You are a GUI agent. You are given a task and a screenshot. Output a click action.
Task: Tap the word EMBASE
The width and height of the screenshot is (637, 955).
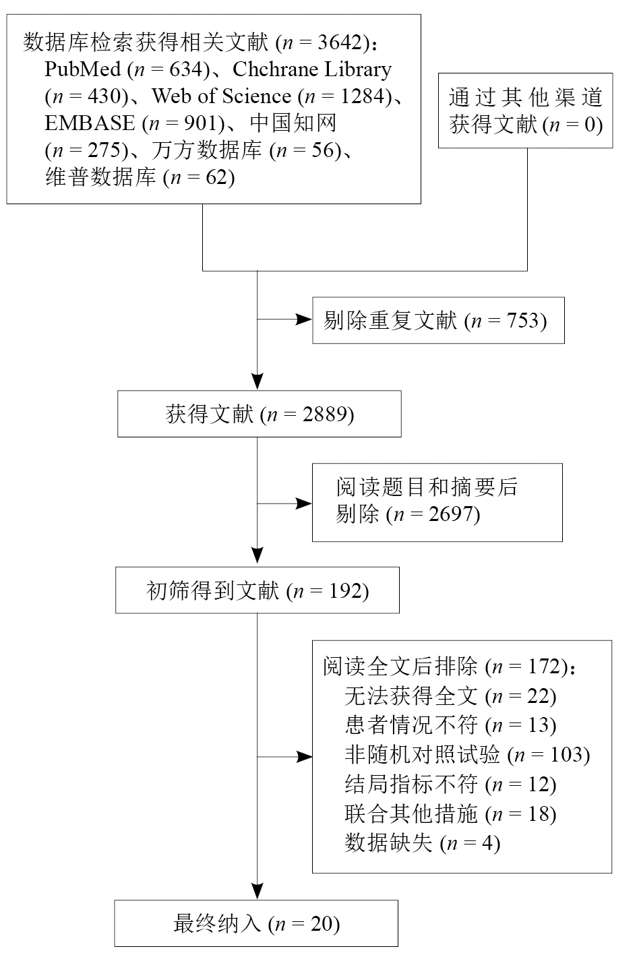90,123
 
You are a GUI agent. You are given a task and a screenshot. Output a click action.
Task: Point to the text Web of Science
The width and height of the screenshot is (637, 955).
221,96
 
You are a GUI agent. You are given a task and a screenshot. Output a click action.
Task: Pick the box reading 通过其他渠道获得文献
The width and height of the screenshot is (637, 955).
525,111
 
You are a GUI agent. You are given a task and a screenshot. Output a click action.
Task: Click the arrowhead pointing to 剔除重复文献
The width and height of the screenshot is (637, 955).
305,319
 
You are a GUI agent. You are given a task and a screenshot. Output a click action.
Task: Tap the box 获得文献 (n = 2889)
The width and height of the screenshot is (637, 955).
259,414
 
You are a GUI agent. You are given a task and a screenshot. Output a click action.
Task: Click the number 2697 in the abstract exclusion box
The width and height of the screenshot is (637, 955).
452,515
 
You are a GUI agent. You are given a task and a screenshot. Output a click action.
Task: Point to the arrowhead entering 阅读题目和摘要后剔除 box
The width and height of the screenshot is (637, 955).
305,503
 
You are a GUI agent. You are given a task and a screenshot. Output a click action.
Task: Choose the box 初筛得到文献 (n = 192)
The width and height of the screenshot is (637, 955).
257,591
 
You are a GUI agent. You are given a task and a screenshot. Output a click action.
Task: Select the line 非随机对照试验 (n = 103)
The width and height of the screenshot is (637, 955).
466,755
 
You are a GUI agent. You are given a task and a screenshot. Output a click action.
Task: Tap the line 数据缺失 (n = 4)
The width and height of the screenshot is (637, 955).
422,843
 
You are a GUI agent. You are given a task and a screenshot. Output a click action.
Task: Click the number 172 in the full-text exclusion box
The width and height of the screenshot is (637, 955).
544,667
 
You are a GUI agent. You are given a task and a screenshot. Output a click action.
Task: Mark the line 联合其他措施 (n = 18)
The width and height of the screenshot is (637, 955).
450,814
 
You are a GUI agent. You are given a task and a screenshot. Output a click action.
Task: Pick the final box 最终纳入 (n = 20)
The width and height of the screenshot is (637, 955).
255,923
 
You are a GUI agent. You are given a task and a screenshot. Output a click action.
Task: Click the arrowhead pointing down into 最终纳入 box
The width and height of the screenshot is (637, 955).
257,892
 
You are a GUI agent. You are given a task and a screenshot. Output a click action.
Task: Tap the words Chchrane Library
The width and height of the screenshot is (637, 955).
312,69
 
